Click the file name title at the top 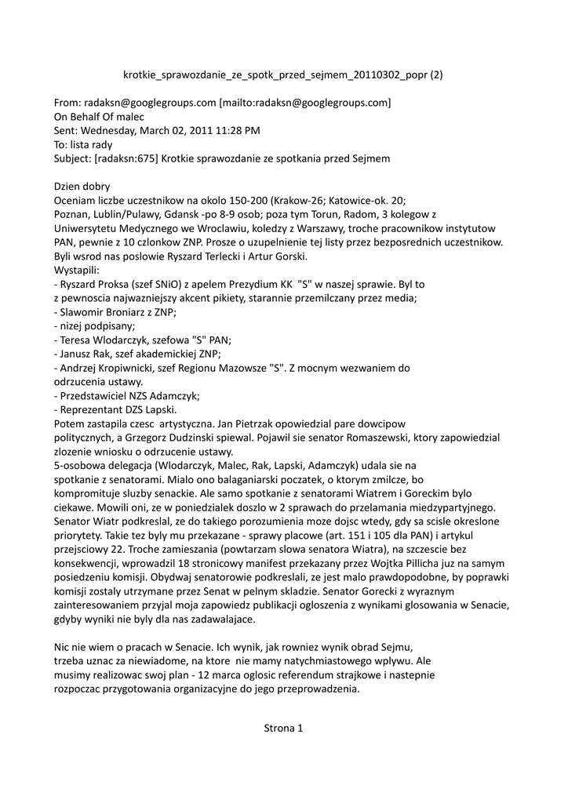point(283,75)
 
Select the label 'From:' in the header point(67,103)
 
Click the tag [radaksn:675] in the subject point(131,158)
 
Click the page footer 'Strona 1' point(283,729)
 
